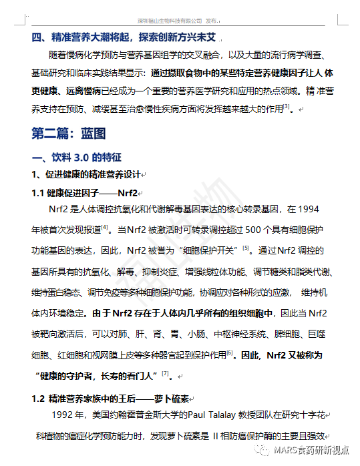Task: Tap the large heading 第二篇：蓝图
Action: [69, 133]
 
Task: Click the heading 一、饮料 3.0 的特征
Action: [76, 158]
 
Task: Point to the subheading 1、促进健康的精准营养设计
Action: [86, 175]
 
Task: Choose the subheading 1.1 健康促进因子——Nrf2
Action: [83, 193]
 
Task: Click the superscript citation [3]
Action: [285, 105]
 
